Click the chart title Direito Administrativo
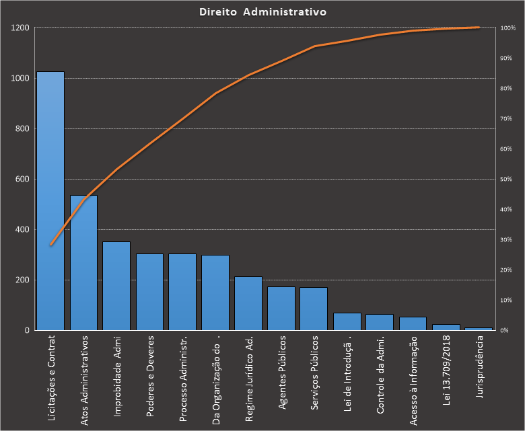[x=262, y=12]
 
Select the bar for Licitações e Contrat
[x=50, y=202]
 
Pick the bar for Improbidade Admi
[x=116, y=286]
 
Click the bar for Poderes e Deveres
[x=149, y=292]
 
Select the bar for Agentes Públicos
[x=281, y=309]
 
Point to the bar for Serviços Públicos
[x=314, y=309]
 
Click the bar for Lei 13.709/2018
[x=446, y=327]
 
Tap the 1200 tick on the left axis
[x=20, y=28]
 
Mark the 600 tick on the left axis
[x=22, y=180]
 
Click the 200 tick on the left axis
[x=22, y=280]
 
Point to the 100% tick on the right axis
[x=508, y=28]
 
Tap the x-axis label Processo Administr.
[x=182, y=378]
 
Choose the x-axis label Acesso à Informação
[x=413, y=380]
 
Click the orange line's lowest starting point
[x=50, y=245]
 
